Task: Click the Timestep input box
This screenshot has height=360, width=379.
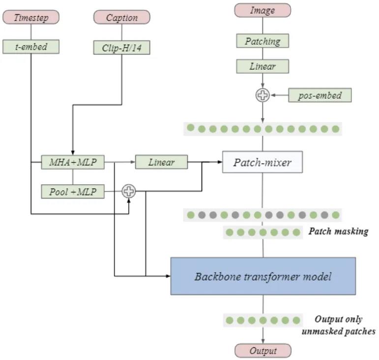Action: click(31, 17)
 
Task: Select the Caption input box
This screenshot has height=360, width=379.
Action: click(122, 17)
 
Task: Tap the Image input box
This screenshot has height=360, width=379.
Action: click(262, 10)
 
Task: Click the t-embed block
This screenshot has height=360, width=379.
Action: click(31, 47)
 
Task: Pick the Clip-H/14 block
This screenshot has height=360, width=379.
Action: click(121, 48)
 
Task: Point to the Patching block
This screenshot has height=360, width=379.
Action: click(262, 41)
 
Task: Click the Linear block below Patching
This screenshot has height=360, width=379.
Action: click(262, 66)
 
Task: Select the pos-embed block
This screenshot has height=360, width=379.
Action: click(320, 95)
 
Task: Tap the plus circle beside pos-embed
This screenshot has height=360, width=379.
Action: click(262, 95)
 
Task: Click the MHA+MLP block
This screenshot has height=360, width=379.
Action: click(73, 162)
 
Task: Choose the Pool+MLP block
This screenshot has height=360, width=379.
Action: click(73, 192)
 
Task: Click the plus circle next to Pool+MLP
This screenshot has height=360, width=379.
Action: click(129, 191)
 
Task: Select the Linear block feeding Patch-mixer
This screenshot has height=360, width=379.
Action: click(161, 162)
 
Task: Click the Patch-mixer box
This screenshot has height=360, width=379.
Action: click(262, 162)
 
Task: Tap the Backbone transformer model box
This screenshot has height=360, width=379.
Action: click(263, 276)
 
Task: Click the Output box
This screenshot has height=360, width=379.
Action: click(263, 351)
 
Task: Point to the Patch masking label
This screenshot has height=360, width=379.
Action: click(338, 231)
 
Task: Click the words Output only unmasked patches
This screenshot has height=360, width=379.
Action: click(338, 325)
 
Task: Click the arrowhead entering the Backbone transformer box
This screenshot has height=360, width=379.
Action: click(168, 276)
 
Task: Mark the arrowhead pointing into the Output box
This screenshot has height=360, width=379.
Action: click(263, 341)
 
